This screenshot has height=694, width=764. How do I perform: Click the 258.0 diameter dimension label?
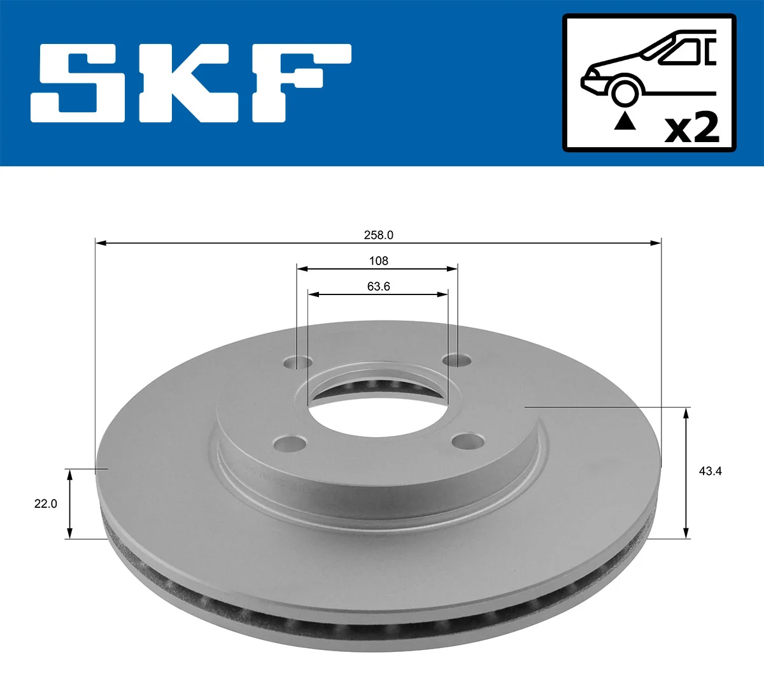[378, 235]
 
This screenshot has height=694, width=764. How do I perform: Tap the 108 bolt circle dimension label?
[378, 261]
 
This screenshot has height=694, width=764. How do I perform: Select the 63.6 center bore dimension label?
[378, 287]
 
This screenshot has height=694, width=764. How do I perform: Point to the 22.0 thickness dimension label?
[45, 503]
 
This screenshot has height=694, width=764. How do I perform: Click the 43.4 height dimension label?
[710, 472]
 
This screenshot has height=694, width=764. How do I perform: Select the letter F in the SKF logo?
[299, 83]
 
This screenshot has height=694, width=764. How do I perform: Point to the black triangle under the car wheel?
[625, 120]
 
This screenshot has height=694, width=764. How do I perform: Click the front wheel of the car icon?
[625, 92]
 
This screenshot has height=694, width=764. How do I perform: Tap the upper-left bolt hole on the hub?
[297, 363]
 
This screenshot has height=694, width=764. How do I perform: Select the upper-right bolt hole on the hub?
[458, 361]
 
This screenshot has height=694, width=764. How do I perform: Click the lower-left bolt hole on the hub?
[290, 443]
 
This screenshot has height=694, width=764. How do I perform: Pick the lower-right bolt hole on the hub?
[469, 440]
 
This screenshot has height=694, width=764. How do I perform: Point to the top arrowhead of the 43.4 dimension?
[686, 413]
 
